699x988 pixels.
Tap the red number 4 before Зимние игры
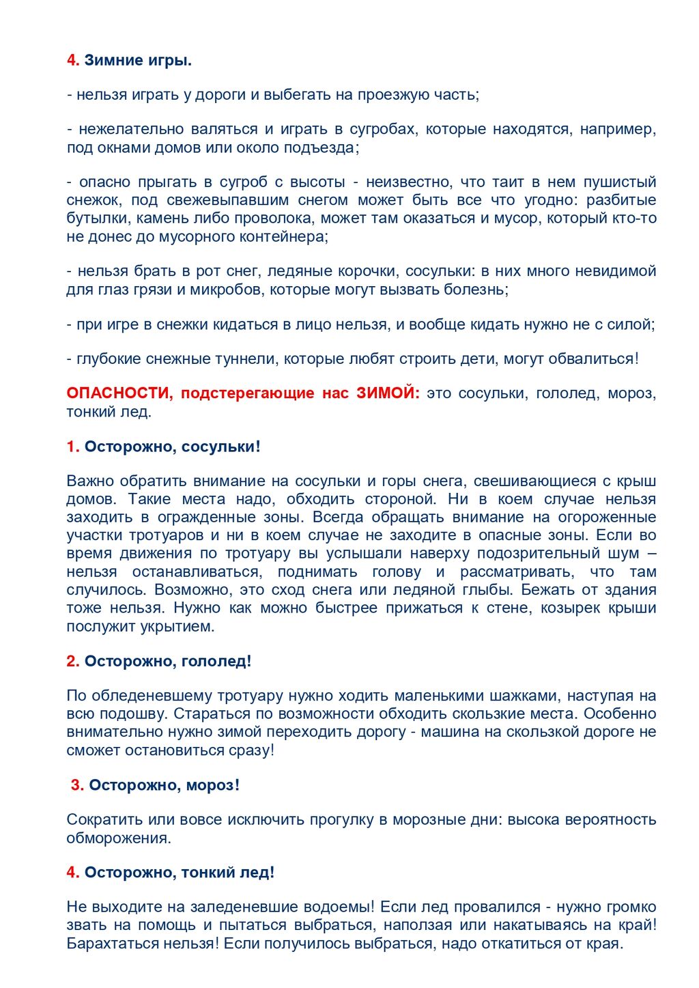(72, 60)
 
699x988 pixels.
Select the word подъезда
(324, 147)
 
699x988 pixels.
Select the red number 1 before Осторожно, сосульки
(72, 447)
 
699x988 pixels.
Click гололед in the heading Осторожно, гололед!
(216, 661)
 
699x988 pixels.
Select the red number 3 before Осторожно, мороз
(76, 785)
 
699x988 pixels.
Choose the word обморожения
(118, 838)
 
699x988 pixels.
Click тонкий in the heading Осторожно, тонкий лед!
(205, 872)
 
